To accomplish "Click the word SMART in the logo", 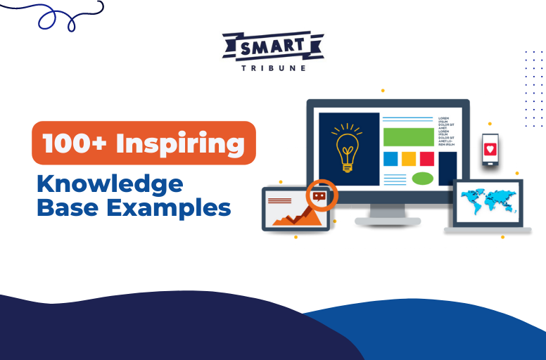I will point(274,47).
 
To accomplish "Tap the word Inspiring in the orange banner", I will point(180,143).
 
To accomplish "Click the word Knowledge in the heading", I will point(110,184).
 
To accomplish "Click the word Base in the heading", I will point(66,207).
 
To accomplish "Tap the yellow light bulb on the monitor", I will point(347,147).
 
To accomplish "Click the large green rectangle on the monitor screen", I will point(407,136).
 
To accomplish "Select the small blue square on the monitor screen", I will point(390,159).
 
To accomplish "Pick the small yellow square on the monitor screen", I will point(408,159).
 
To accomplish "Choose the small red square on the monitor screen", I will point(426,159).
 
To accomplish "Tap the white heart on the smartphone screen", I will point(490,149).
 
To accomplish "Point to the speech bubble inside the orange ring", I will point(320,196).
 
